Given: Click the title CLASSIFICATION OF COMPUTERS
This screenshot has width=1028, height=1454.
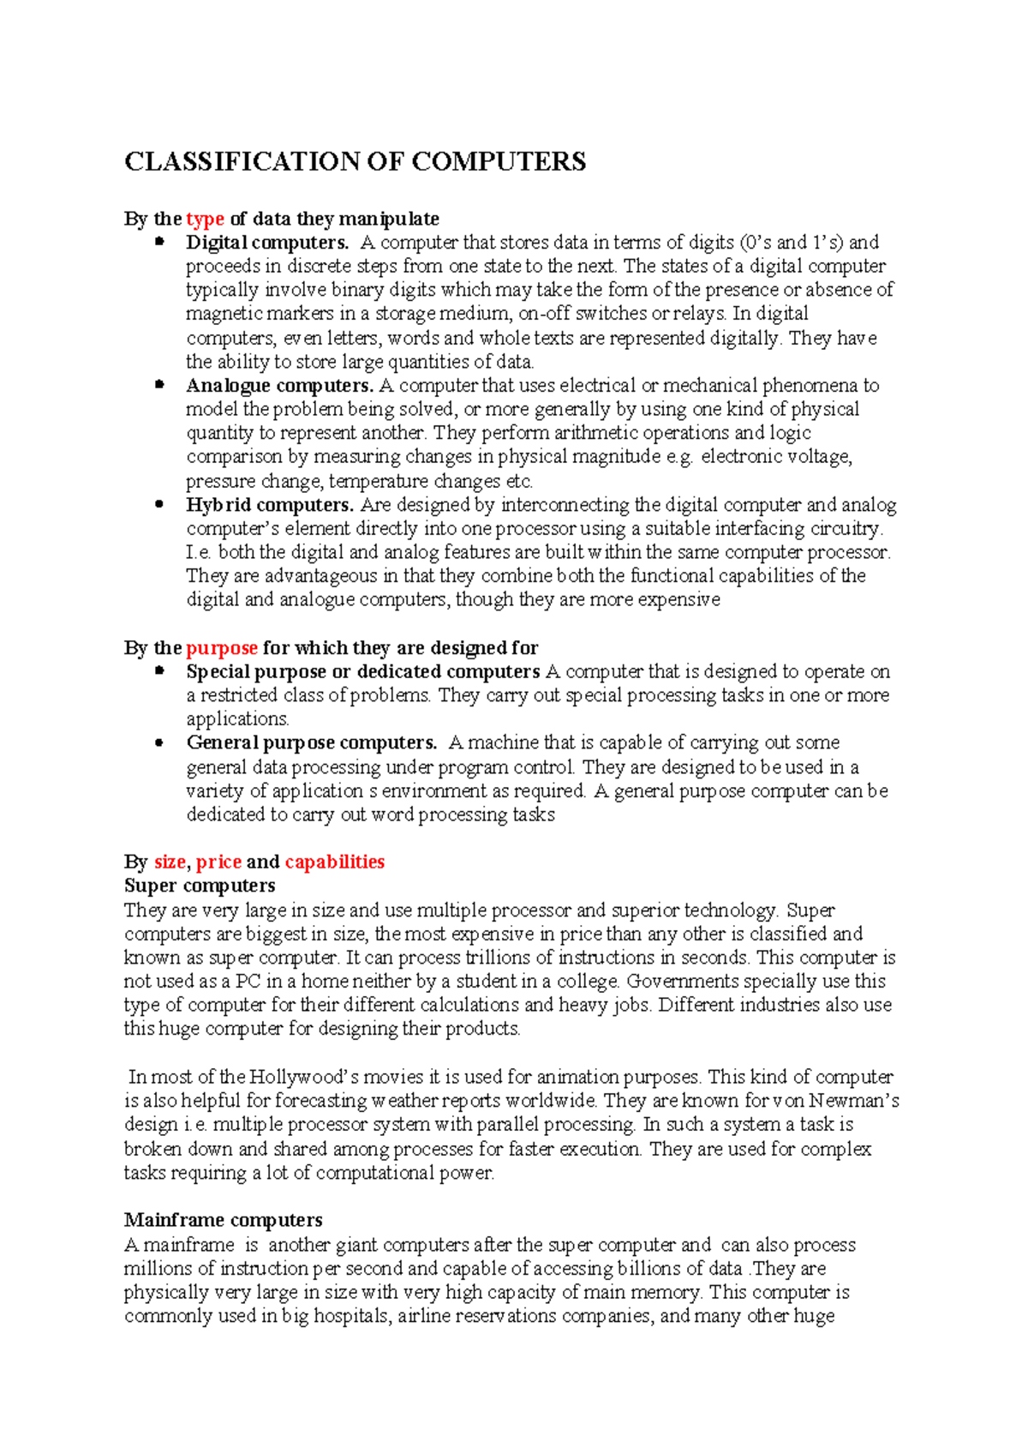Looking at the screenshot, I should [x=355, y=161].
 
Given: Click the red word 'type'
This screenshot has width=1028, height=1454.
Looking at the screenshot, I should [x=205, y=219].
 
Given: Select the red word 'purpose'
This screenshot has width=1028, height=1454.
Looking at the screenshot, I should [x=221, y=648].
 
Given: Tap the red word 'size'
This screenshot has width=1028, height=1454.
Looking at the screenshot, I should [x=170, y=862].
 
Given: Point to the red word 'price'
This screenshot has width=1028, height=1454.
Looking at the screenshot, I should [x=218, y=862].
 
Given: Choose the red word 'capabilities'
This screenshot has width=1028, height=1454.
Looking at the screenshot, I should [x=334, y=862].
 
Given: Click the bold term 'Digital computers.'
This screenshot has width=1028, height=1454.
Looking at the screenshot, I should [x=267, y=243].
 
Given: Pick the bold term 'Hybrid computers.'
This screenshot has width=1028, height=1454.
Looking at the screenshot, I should [x=270, y=505].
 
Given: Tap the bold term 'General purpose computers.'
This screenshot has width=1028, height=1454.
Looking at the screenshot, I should [x=312, y=742].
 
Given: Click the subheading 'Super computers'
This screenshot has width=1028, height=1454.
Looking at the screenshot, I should [x=200, y=886].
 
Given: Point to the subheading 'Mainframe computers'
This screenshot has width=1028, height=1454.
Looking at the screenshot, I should [x=223, y=1220].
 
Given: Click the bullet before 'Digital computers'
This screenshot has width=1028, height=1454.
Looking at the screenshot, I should [x=158, y=243].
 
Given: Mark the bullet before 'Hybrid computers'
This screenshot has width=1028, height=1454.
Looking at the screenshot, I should [x=158, y=505].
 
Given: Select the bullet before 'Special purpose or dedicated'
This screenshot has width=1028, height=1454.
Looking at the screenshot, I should [x=158, y=671].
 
